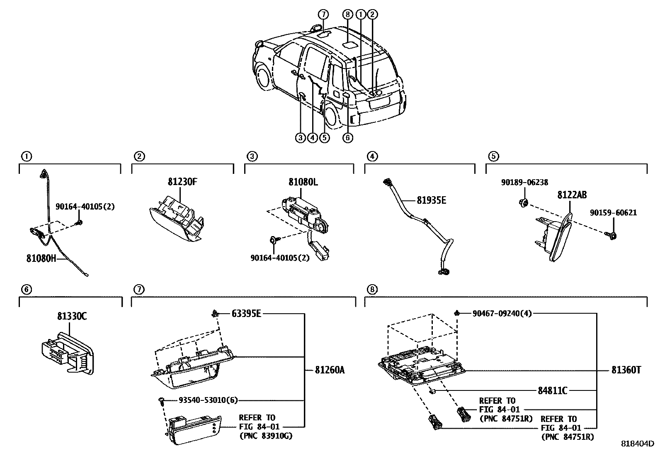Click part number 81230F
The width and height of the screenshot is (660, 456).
point(182,182)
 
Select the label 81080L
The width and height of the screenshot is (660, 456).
point(303,182)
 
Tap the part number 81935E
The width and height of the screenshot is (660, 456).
point(431,200)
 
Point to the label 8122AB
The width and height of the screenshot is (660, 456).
point(572,195)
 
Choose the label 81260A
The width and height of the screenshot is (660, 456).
point(330,370)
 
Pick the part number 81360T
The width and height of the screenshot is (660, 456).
point(626,370)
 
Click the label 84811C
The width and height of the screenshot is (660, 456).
point(553,390)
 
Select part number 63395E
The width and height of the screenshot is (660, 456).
point(246,314)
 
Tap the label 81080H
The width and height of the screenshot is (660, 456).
point(41,258)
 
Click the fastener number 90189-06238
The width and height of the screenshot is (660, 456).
point(524,182)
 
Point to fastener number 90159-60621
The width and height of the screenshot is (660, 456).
point(613,213)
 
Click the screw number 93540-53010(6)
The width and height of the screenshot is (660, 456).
point(208,400)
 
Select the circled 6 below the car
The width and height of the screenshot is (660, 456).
point(347,138)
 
